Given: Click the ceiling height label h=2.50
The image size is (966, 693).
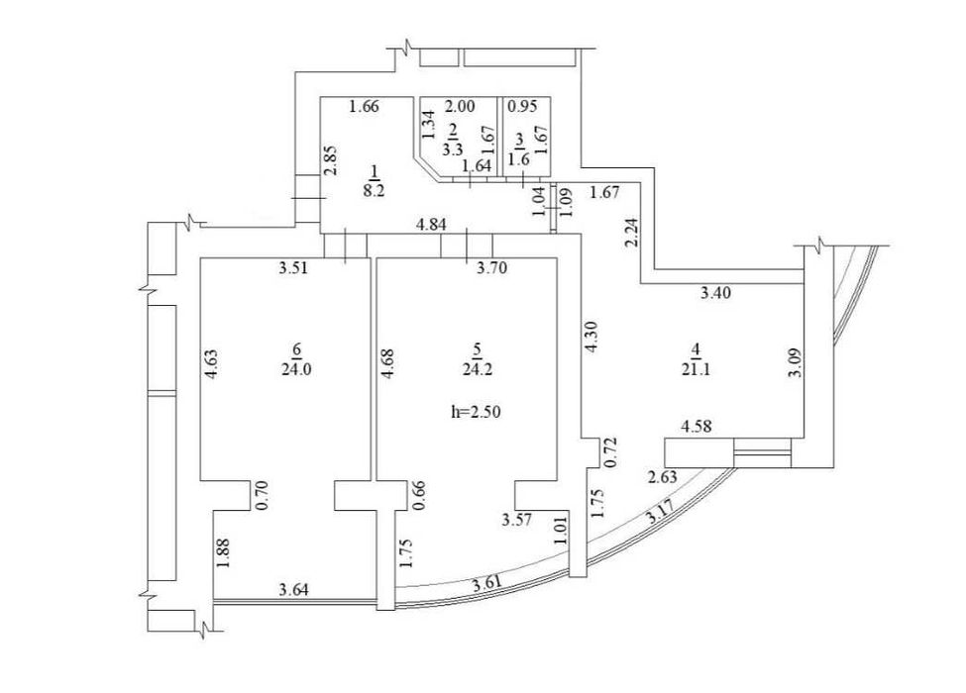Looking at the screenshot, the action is click(x=477, y=412).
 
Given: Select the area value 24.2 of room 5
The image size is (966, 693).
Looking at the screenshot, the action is click(x=477, y=369).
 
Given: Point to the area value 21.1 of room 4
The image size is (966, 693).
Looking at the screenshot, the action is click(x=697, y=369).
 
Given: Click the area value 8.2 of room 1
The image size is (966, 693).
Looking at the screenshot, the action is click(x=374, y=190).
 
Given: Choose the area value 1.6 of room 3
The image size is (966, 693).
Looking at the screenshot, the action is click(x=519, y=158).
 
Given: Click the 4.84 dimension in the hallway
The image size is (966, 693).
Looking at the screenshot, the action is click(x=431, y=225).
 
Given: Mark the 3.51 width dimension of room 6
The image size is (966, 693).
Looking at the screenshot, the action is click(x=293, y=267).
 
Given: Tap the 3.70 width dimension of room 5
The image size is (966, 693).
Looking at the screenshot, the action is click(x=492, y=267).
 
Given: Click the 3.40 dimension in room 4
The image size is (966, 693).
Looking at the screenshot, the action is click(x=716, y=293).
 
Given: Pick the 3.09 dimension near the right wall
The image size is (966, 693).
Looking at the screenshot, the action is click(x=796, y=363).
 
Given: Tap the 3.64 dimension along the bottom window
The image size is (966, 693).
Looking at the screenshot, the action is click(x=294, y=590).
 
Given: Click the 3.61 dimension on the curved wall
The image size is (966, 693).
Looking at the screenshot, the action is click(x=486, y=582).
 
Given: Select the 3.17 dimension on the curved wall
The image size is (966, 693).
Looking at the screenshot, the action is click(x=662, y=512).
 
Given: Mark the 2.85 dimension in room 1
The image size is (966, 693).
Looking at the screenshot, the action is click(x=331, y=160).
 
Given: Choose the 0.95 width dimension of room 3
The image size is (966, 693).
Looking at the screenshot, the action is click(x=522, y=106).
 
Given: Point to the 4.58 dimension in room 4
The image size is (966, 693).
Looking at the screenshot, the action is click(x=697, y=426).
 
